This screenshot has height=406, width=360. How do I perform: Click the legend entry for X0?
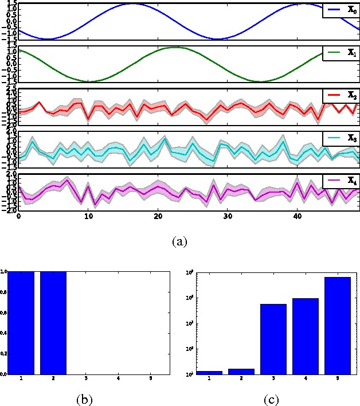[341, 11]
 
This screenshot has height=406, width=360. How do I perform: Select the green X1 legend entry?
[341, 53]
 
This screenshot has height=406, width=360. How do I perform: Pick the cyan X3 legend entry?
[341, 138]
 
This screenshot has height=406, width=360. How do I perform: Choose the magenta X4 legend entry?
[341, 181]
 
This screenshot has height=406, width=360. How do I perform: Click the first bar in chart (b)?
[21, 322]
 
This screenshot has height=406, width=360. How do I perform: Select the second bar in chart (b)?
[53, 322]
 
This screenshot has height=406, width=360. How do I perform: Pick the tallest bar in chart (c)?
[338, 325]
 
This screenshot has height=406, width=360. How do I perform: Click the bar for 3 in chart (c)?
[273, 339]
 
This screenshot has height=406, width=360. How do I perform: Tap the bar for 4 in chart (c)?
[305, 336]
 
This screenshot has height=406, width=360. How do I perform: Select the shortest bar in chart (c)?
[209, 373]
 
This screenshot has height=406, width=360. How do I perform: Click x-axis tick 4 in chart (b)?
[118, 379]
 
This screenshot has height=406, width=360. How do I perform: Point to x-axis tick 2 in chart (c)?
[241, 379]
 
